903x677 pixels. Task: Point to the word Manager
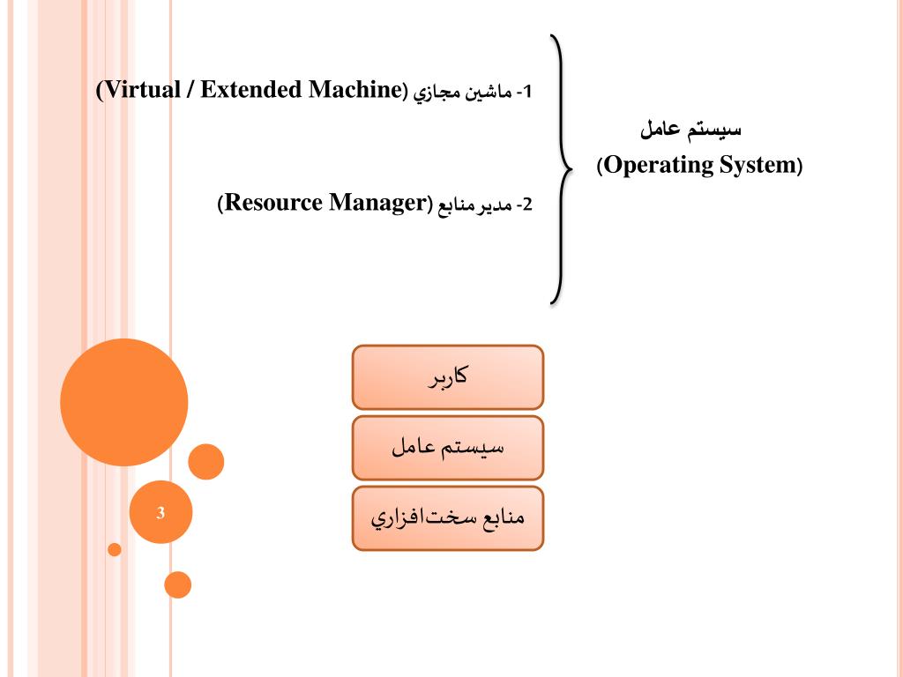click(x=378, y=205)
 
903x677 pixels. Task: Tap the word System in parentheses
click(x=757, y=166)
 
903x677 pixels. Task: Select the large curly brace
click(x=559, y=167)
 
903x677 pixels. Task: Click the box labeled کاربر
click(x=447, y=376)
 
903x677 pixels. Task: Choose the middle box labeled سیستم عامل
click(x=447, y=447)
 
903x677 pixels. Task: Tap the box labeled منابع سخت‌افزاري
click(x=447, y=517)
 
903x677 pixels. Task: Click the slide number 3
click(x=160, y=512)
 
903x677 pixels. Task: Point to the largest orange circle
click(x=124, y=402)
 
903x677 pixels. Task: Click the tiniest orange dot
click(x=115, y=549)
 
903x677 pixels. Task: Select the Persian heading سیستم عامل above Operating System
click(x=690, y=130)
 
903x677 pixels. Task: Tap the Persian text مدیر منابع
click(x=477, y=205)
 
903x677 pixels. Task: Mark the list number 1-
click(x=526, y=91)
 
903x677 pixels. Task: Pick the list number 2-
click(x=525, y=205)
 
